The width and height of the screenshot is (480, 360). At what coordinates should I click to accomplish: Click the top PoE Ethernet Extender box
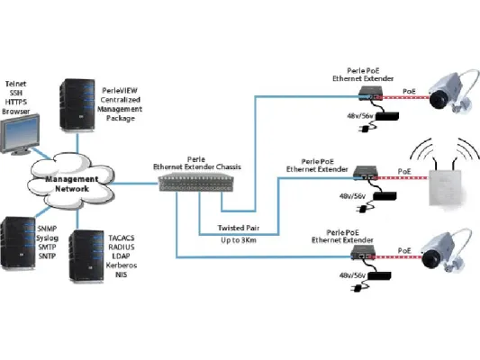[x=368, y=93]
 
